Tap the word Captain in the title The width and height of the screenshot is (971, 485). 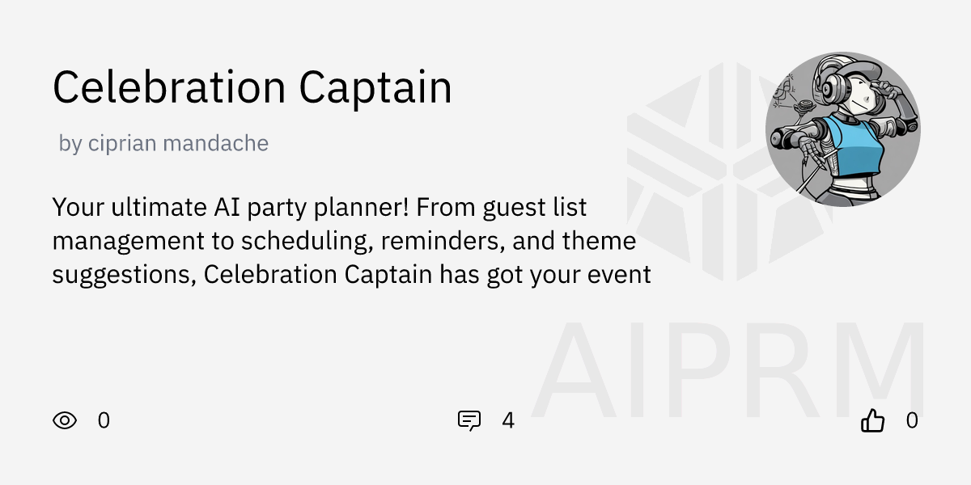[375, 87]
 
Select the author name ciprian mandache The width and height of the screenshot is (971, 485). [178, 144]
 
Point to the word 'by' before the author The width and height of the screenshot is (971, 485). [70, 144]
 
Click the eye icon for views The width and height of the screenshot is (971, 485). [65, 420]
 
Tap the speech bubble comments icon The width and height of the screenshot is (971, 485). [469, 420]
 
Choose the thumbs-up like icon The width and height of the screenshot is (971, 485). [873, 420]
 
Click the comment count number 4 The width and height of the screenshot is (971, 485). [508, 420]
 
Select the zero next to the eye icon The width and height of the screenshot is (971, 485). [104, 420]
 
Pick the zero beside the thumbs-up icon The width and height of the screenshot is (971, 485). [912, 420]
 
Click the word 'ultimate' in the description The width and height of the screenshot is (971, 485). [148, 208]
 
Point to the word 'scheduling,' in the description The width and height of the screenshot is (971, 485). [307, 241]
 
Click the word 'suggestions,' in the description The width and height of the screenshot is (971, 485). [124, 275]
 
